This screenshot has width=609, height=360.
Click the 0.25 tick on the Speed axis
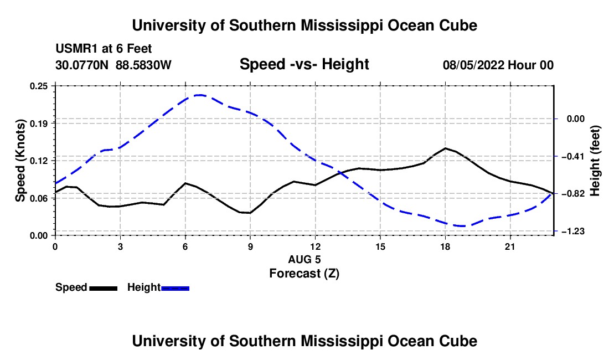39,86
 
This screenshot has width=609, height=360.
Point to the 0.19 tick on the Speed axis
39,124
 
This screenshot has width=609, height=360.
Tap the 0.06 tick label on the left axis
39,198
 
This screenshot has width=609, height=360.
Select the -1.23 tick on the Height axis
572,232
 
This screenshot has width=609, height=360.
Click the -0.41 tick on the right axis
572,157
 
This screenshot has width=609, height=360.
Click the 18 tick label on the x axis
445,246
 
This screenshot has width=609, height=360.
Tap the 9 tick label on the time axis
250,246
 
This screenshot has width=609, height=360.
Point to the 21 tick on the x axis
510,246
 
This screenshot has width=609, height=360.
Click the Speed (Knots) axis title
20,161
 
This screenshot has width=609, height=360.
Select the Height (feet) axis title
595,161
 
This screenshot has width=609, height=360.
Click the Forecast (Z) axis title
304,274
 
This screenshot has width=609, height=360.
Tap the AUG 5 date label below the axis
304,259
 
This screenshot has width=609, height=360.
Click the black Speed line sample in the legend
104,288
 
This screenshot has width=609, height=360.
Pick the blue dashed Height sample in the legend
175,288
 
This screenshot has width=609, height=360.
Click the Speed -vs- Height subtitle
304,64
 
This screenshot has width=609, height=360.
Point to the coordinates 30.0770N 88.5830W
113,65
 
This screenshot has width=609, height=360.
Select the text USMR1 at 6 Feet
104,49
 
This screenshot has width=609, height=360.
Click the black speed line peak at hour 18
446,148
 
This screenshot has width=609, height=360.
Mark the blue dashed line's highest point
200,95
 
